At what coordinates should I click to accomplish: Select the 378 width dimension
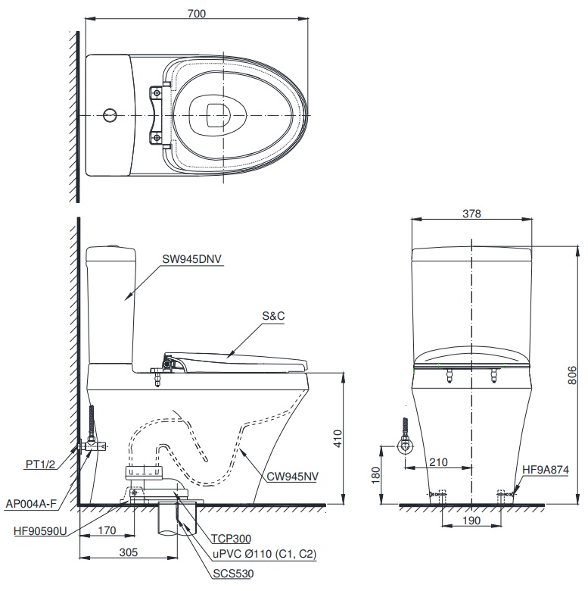(471, 214)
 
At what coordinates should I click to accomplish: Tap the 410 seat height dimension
(338, 439)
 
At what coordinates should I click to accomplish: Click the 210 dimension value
(438, 461)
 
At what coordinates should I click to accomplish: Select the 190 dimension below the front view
(471, 523)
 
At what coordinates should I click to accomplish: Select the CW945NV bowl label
(292, 478)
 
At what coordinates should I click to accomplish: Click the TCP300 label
(232, 539)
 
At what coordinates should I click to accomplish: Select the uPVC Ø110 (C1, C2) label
(264, 555)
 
